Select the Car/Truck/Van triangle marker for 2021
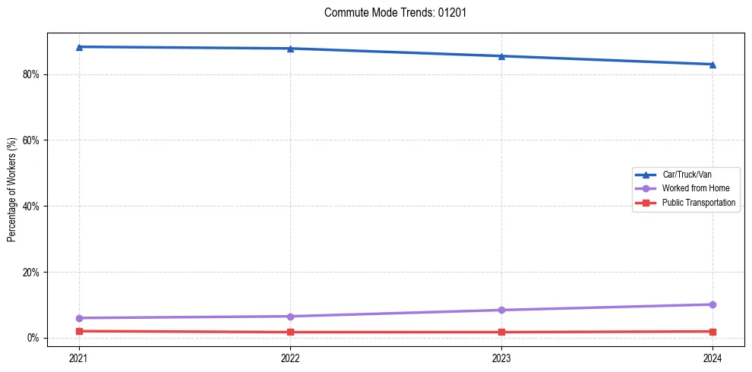79,47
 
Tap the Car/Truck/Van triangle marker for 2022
290,49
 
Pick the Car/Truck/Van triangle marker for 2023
501,56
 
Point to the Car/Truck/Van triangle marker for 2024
713,65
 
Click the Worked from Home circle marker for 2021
79,318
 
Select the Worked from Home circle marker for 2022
290,317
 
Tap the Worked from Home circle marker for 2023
501,310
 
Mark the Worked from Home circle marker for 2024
713,304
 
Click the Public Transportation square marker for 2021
79,331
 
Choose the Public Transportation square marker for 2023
501,332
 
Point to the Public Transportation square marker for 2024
713,332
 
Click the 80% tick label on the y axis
31,74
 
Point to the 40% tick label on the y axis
31,206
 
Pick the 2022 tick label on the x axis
290,358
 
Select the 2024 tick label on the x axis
713,358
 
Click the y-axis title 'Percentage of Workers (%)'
12,190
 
